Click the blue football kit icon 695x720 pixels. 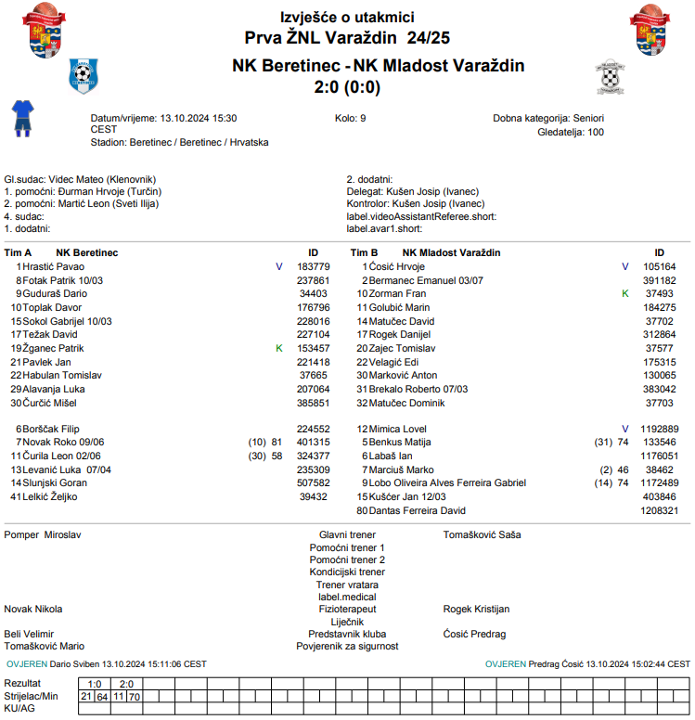coord(21,119)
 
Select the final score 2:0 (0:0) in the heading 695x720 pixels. coord(347,87)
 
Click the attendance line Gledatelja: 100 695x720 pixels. coord(571,132)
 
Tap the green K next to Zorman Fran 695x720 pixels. coord(624,293)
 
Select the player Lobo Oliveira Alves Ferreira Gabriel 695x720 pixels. coord(447,482)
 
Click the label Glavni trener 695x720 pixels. coord(346,535)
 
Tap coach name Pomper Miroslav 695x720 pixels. coord(42,535)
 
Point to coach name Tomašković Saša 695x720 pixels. coord(482,535)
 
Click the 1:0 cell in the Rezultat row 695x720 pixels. coord(95,684)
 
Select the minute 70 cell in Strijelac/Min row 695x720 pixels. coord(135,696)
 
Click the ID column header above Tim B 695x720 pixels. coord(659,252)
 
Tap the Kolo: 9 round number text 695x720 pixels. coord(350,119)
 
